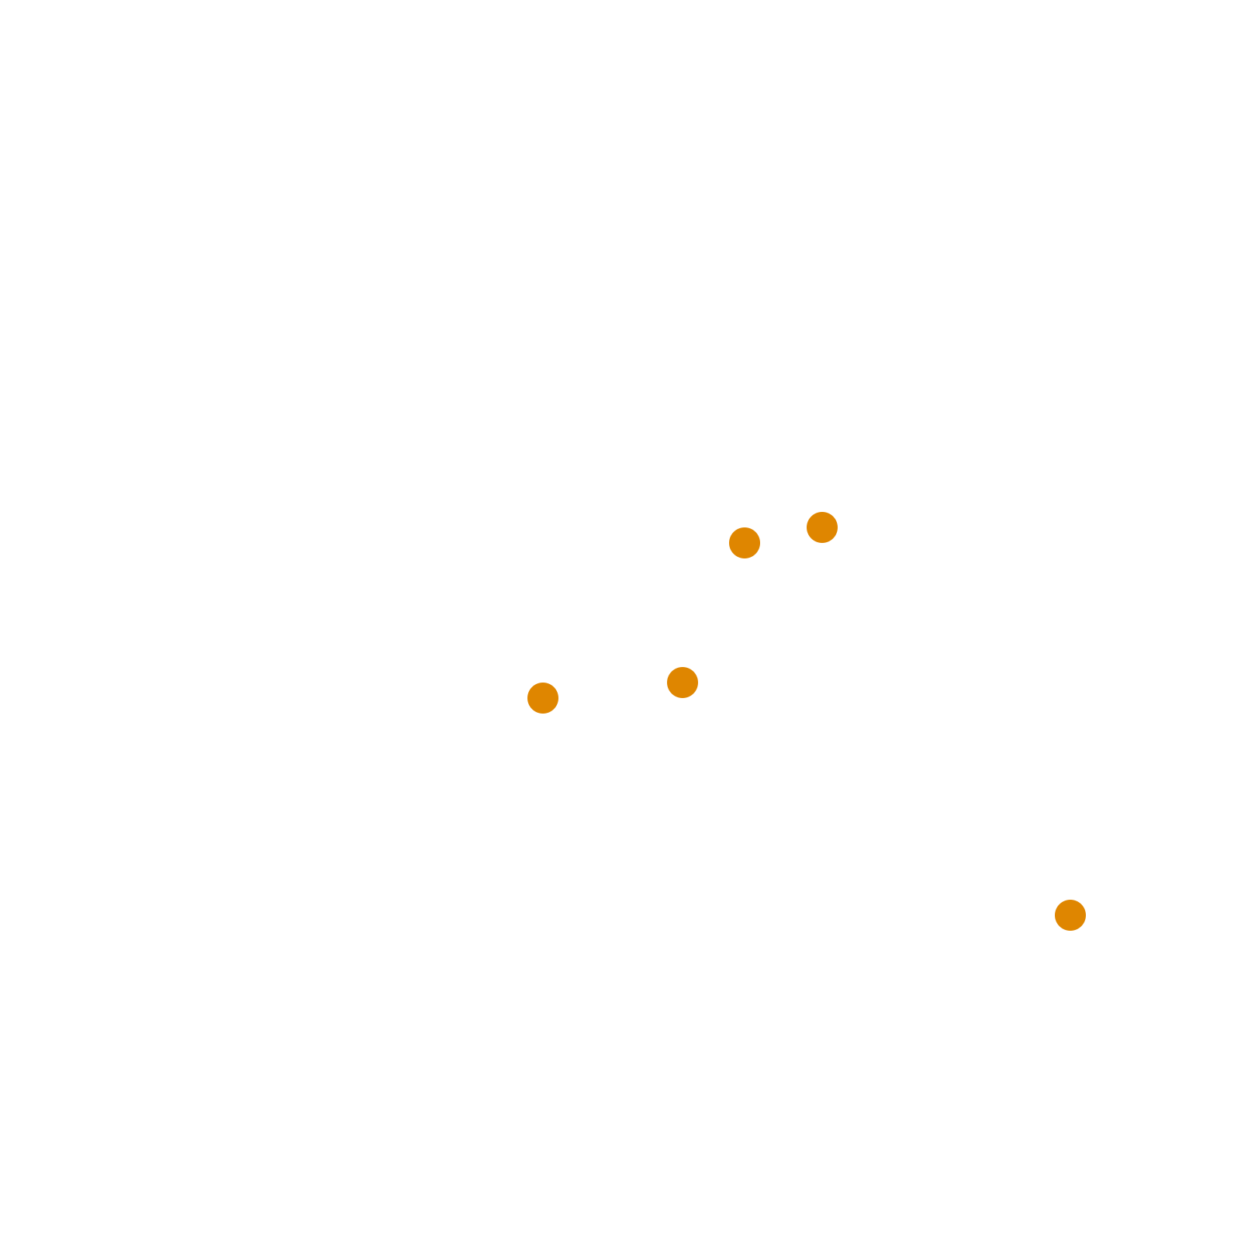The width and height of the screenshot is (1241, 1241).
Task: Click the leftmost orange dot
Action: click(x=543, y=698)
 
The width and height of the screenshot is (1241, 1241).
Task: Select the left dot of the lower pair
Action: click(x=543, y=698)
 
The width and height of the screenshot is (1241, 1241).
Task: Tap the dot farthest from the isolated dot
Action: click(x=543, y=698)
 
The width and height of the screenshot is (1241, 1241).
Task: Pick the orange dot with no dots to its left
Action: click(x=543, y=698)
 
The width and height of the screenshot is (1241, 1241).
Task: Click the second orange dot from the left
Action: click(x=683, y=683)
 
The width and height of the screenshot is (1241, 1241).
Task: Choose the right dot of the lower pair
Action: click(x=683, y=683)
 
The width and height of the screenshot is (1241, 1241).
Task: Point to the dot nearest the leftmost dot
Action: click(x=683, y=683)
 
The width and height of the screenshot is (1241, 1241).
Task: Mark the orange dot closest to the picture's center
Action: click(x=683, y=683)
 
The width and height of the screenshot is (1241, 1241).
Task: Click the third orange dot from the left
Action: click(x=745, y=543)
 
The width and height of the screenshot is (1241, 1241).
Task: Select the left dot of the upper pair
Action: click(x=745, y=543)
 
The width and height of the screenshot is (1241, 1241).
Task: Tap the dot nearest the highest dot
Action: click(x=745, y=543)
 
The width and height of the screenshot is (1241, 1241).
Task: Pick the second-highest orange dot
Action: click(x=745, y=543)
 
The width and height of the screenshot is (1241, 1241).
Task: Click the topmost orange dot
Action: click(x=822, y=527)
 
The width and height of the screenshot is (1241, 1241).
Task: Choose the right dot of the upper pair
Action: click(x=822, y=527)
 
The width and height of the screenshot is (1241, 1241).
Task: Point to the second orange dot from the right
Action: click(x=822, y=527)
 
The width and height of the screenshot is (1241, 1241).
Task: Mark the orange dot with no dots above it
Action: click(x=822, y=527)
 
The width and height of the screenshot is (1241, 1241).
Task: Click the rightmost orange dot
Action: click(x=1070, y=915)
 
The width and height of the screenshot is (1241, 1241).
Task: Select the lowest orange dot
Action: click(x=1070, y=915)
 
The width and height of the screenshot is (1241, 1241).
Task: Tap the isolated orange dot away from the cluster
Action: click(x=1070, y=915)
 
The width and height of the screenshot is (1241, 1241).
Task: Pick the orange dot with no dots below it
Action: click(x=1070, y=915)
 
